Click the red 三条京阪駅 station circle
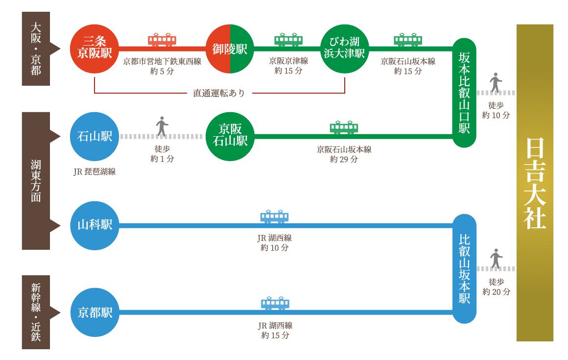point(95,48)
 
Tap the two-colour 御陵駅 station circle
point(230,49)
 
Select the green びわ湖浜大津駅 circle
point(344,49)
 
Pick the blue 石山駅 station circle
point(95,136)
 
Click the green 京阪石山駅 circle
point(230,136)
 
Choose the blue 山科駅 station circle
point(95,225)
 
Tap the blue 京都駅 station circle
point(95,312)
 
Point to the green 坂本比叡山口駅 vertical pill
point(464,93)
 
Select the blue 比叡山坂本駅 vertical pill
point(464,268)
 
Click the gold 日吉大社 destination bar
point(535,183)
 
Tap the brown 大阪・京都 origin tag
point(36,49)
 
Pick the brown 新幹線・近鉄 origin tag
point(36,312)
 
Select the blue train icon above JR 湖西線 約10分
point(274,216)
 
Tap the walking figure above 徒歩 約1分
point(162,127)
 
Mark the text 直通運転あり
point(219,93)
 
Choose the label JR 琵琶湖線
point(95,172)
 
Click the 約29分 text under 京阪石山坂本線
point(344,159)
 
